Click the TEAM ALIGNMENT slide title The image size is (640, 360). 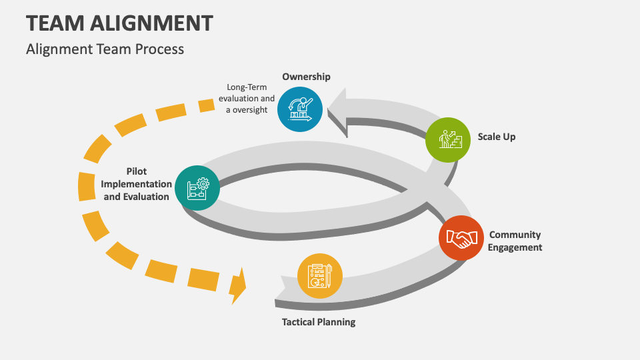click(119, 23)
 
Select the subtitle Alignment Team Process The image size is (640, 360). click(105, 49)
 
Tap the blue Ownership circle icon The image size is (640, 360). click(300, 109)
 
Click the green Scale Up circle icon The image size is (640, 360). click(448, 140)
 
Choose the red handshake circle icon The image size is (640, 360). click(462, 238)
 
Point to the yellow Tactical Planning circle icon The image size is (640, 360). click(320, 276)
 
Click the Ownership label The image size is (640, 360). click(306, 77)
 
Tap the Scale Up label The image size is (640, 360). click(497, 137)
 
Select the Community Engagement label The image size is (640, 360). click(515, 241)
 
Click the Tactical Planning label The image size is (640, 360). click(319, 322)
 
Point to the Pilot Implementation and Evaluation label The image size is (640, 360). click(136, 184)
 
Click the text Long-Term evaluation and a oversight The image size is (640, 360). click(247, 98)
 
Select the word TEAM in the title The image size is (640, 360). click(57, 23)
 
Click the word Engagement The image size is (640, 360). click(515, 247)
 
